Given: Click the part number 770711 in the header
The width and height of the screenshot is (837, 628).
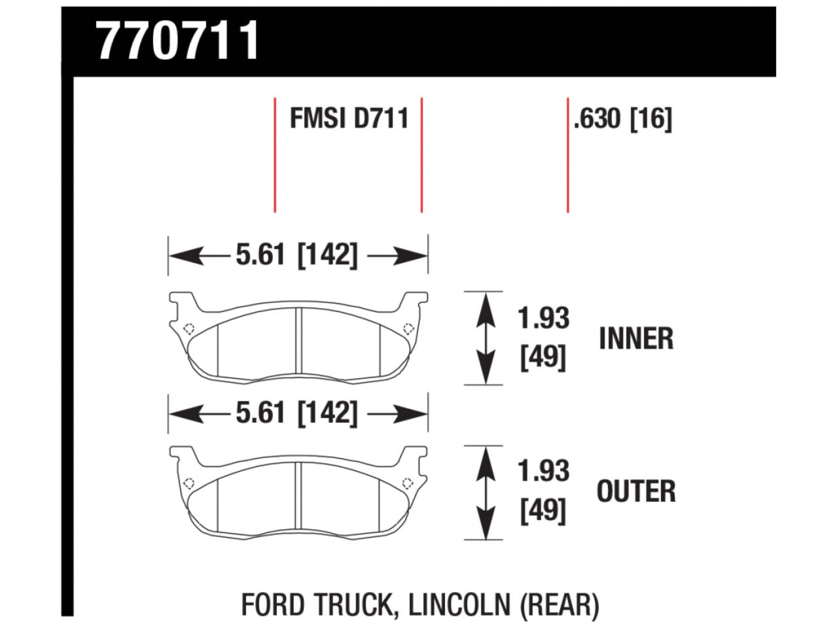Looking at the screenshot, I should [178, 41].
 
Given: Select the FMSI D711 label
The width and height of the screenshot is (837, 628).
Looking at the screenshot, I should [349, 119].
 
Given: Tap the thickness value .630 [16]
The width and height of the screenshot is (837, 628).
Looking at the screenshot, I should [622, 119].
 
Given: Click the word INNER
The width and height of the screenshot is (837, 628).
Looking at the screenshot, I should [635, 339].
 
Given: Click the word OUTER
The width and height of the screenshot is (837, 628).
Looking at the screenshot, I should [635, 492].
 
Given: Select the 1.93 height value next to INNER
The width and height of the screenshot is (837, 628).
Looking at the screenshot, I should [543, 319].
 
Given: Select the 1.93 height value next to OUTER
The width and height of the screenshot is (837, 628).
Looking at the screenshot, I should [543, 471].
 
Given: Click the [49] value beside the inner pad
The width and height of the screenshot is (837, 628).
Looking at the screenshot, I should [543, 358].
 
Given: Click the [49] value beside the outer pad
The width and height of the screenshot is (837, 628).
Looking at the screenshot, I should [543, 511].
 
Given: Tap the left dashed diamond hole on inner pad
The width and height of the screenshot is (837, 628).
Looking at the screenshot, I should [189, 329].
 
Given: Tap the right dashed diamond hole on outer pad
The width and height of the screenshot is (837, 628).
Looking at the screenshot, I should [407, 483].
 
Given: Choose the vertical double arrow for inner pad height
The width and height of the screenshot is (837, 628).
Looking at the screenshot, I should [485, 338].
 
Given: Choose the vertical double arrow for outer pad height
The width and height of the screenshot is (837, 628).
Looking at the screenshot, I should [485, 493].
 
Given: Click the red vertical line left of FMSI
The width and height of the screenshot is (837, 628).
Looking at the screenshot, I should [275, 155].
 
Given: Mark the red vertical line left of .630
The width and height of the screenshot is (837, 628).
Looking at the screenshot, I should [567, 155].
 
